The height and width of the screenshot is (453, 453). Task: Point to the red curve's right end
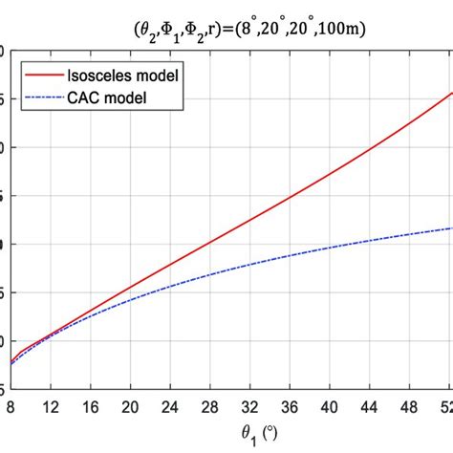coord(451,93)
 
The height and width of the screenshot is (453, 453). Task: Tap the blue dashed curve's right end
coord(451,227)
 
